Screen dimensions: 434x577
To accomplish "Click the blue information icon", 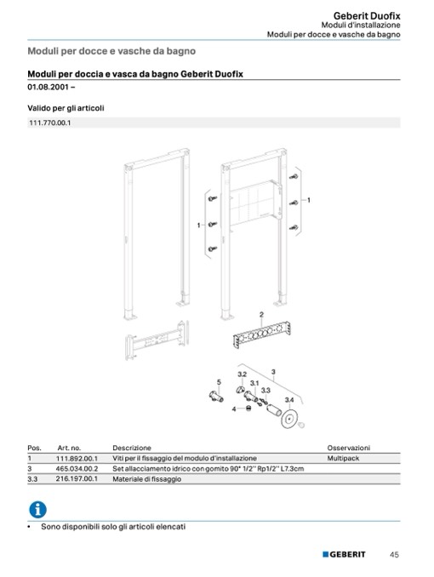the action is (38, 510).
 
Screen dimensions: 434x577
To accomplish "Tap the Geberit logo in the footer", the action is (344, 554).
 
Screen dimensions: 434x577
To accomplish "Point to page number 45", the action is (394, 554).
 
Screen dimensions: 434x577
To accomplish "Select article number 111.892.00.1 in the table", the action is (77, 458).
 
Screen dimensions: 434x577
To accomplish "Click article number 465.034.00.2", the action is (77, 468).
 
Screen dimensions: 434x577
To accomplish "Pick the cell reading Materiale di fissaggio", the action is (147, 479).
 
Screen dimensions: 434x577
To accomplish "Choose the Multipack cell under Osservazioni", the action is (343, 458).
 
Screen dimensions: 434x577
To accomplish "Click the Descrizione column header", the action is (132, 448).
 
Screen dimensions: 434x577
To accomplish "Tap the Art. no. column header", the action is (69, 448).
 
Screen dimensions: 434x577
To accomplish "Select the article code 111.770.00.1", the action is (49, 123).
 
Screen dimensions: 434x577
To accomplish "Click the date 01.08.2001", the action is (49, 87).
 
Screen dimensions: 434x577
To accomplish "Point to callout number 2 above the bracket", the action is (261, 315).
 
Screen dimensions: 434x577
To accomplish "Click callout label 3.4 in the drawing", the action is (289, 400).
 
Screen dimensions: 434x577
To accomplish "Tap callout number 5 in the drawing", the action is (219, 382).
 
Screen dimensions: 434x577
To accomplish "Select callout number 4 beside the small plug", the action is (234, 408).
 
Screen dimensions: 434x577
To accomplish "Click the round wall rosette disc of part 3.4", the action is (290, 419).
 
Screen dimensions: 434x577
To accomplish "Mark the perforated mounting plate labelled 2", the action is (262, 334).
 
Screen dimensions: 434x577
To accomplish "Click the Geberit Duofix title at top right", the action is (367, 16).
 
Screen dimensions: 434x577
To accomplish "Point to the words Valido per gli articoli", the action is (66, 108).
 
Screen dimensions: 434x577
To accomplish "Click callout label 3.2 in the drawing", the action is (242, 374).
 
